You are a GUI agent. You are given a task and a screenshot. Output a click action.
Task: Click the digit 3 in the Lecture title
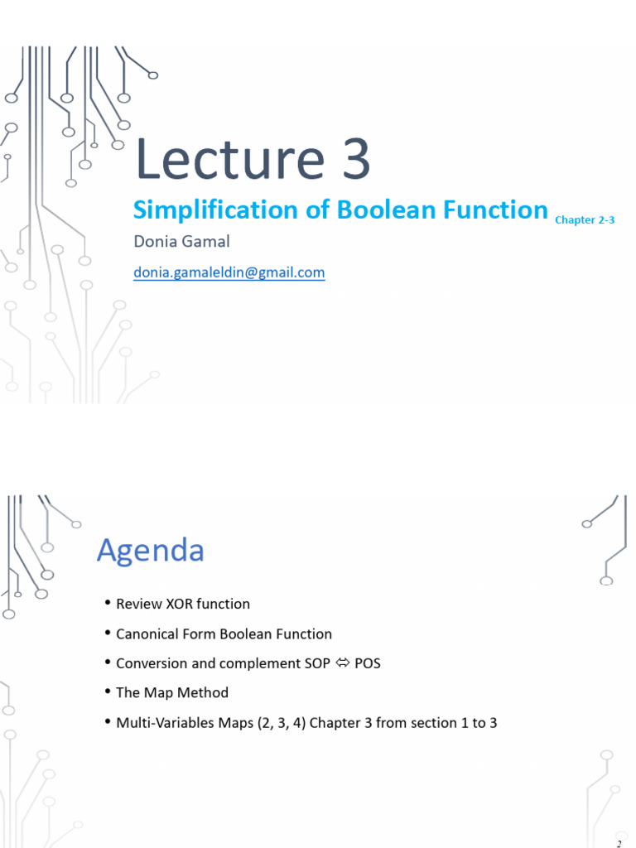pyautogui.click(x=355, y=158)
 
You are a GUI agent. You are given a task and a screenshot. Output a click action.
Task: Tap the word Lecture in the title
pyautogui.click(x=230, y=158)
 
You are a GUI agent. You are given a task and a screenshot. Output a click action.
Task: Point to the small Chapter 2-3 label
pyautogui.click(x=585, y=219)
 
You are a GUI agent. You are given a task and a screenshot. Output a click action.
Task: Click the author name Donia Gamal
pyautogui.click(x=181, y=241)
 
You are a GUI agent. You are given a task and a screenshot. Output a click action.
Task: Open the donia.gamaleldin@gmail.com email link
pyautogui.click(x=229, y=272)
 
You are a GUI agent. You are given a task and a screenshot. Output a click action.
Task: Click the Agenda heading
pyautogui.click(x=151, y=551)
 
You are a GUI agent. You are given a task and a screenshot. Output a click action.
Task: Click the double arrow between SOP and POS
pyautogui.click(x=342, y=663)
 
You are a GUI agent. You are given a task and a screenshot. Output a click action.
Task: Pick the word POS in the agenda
pyautogui.click(x=368, y=663)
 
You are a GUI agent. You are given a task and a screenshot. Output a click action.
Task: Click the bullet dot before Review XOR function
pyautogui.click(x=108, y=603)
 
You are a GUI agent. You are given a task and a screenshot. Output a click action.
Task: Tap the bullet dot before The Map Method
pyautogui.click(x=108, y=691)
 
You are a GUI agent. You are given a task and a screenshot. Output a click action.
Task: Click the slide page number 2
pyautogui.click(x=619, y=843)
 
